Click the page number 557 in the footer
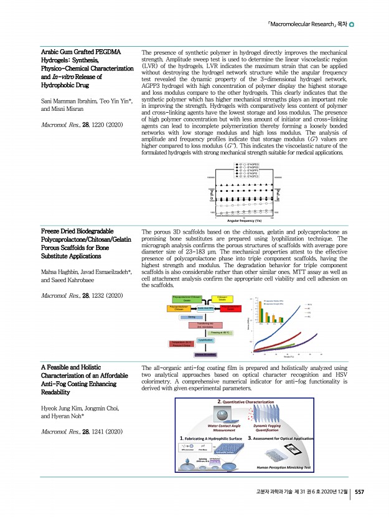(x=360, y=492)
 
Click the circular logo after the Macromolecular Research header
(x=352, y=25)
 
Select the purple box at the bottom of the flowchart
(x=205, y=354)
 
